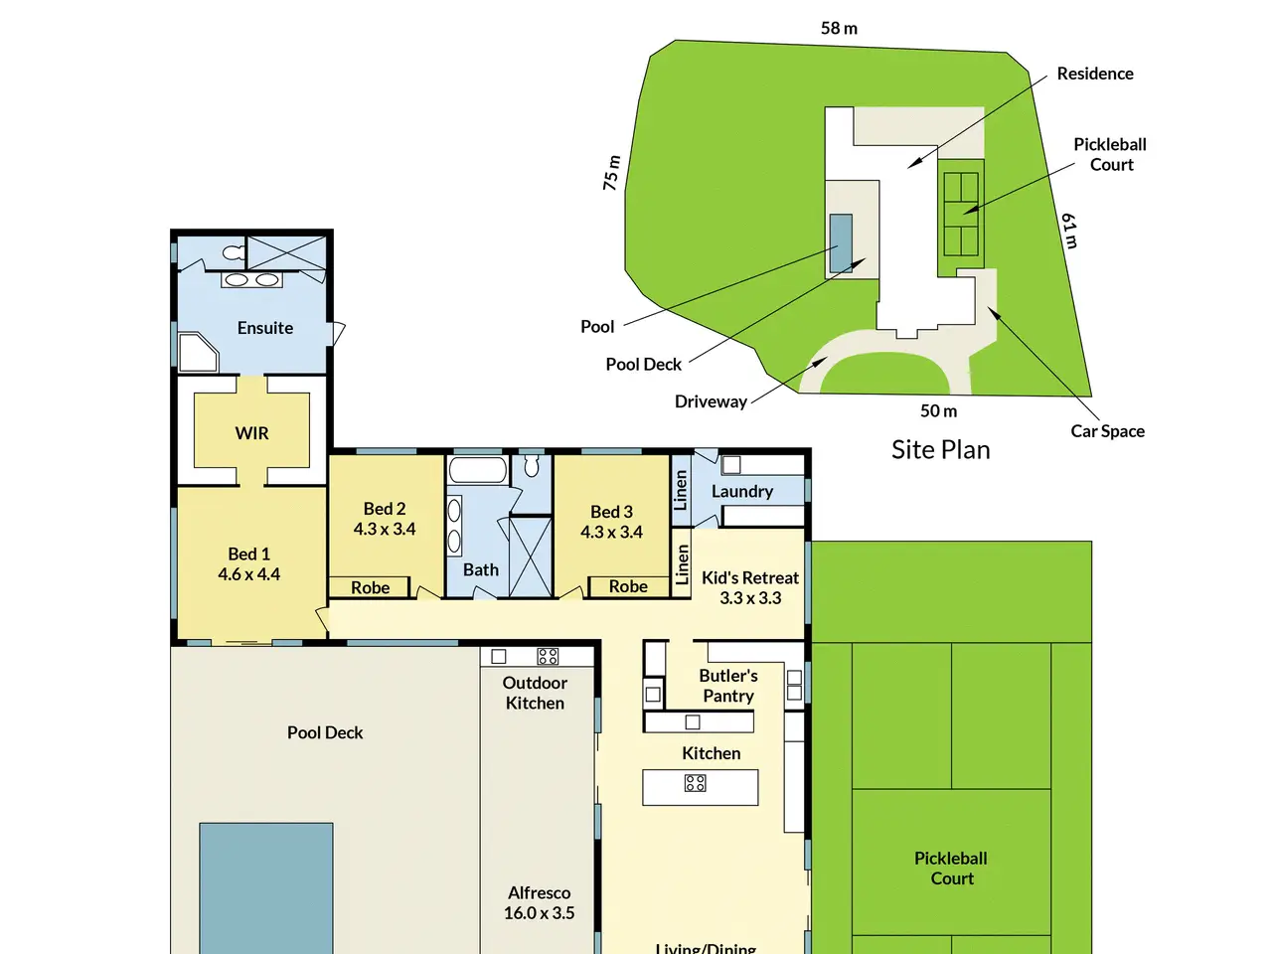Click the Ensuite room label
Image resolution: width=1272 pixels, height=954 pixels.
(x=264, y=328)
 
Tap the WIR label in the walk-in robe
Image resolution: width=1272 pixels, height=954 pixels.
(x=251, y=433)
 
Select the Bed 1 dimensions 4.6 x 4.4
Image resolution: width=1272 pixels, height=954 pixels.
(x=248, y=574)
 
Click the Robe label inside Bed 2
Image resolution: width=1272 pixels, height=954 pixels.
(x=370, y=588)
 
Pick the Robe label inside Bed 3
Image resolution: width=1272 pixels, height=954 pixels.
(x=628, y=586)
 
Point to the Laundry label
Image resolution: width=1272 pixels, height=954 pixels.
(x=741, y=491)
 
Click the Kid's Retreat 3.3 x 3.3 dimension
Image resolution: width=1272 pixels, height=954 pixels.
(x=750, y=598)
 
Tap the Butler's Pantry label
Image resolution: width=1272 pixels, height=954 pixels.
(x=728, y=686)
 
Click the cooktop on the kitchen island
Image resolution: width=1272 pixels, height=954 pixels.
(x=695, y=783)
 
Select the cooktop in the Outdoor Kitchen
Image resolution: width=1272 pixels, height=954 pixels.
(x=548, y=656)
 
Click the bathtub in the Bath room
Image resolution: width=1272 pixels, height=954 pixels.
(x=478, y=470)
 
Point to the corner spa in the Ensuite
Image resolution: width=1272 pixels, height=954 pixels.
(x=198, y=352)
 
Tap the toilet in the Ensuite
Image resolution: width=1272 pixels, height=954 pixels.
(x=234, y=252)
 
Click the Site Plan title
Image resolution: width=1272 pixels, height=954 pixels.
(x=940, y=450)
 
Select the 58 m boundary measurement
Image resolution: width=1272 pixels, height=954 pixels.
(x=839, y=28)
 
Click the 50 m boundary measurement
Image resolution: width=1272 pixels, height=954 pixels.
(x=939, y=410)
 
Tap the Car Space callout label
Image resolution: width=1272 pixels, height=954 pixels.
(x=1107, y=431)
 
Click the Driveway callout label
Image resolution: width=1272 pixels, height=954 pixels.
(x=711, y=402)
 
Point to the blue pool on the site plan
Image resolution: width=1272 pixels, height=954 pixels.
(x=841, y=243)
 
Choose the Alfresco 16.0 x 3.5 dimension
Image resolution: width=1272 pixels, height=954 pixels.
(x=539, y=913)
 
